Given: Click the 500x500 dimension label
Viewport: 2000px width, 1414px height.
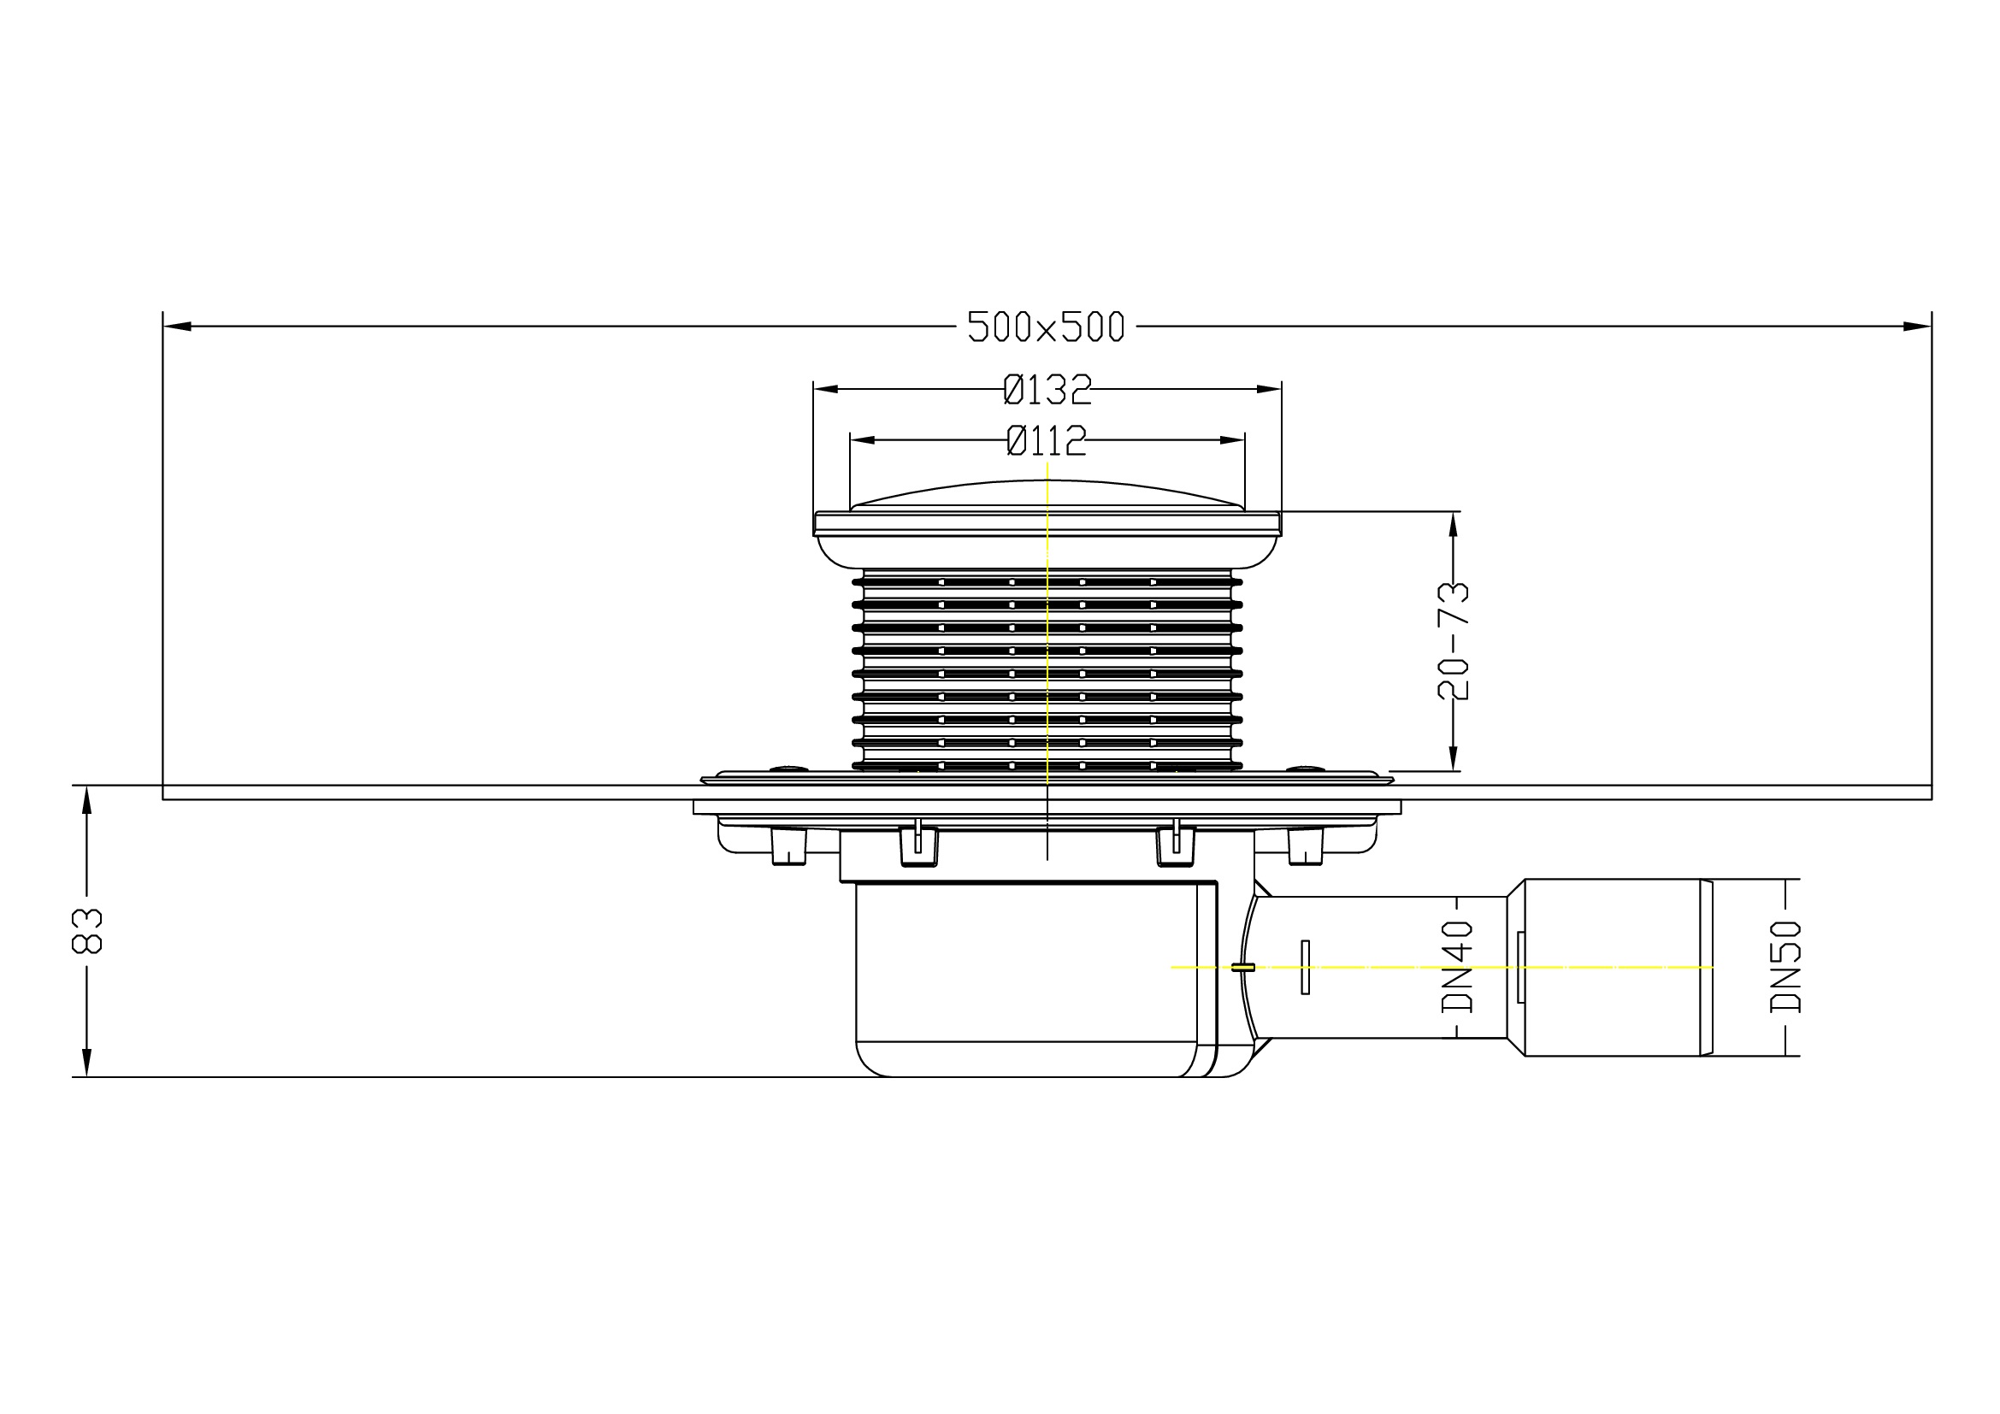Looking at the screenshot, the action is tap(1045, 327).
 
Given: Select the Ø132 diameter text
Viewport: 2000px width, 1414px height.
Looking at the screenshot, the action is tap(1047, 389).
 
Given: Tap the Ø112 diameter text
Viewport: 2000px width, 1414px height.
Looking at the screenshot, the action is tap(1046, 440).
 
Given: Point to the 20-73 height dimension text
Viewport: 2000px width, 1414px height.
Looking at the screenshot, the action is tap(1453, 641).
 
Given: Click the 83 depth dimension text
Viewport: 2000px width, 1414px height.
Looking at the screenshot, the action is tap(86, 932).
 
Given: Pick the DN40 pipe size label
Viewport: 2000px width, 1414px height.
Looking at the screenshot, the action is tap(1457, 968).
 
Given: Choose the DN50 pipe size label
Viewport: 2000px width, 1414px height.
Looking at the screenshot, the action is tap(1785, 968).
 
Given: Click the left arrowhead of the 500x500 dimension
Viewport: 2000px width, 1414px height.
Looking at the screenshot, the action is tap(177, 327).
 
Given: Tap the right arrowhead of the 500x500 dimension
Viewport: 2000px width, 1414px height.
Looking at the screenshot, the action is tap(1916, 327).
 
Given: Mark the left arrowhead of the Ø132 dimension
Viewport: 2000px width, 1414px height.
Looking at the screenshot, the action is tap(826, 389).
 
